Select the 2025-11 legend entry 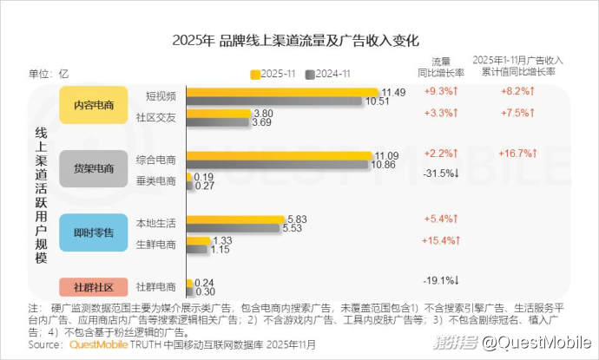(x=275, y=73)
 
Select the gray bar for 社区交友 (x=217, y=123)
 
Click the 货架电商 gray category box (x=94, y=168)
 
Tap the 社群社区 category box (x=94, y=287)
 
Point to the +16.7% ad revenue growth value (x=518, y=153)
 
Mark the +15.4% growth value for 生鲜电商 (x=440, y=240)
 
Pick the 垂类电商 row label (x=157, y=180)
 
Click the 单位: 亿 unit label (x=49, y=73)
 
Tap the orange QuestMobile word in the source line (x=97, y=344)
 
